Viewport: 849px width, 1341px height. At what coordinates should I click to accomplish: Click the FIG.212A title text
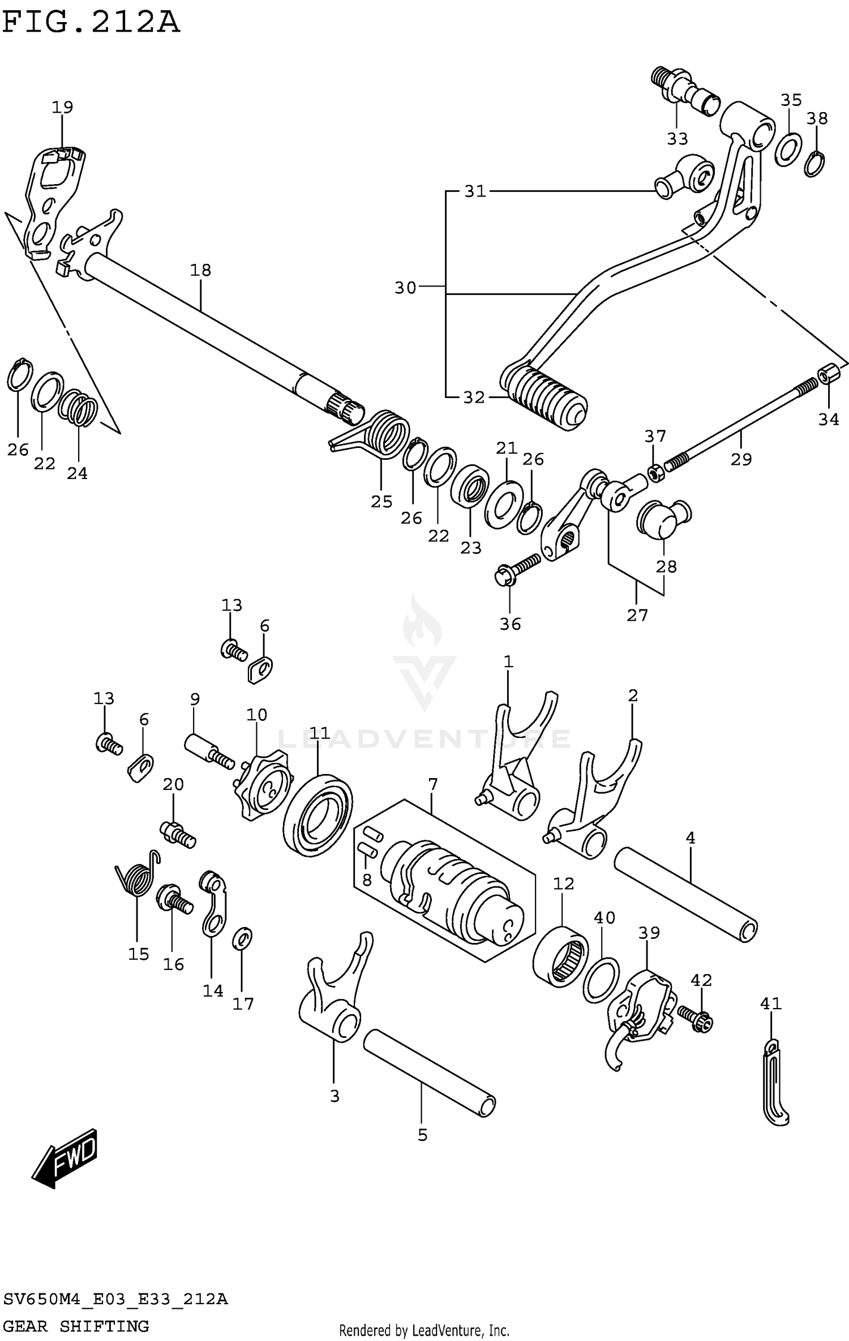91,23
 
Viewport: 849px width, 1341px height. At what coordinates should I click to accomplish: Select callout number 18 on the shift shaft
200,270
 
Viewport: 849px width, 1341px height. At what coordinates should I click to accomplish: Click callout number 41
770,1004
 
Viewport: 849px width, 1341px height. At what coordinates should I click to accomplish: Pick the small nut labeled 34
828,375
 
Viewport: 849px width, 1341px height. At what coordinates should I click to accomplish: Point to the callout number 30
405,288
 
